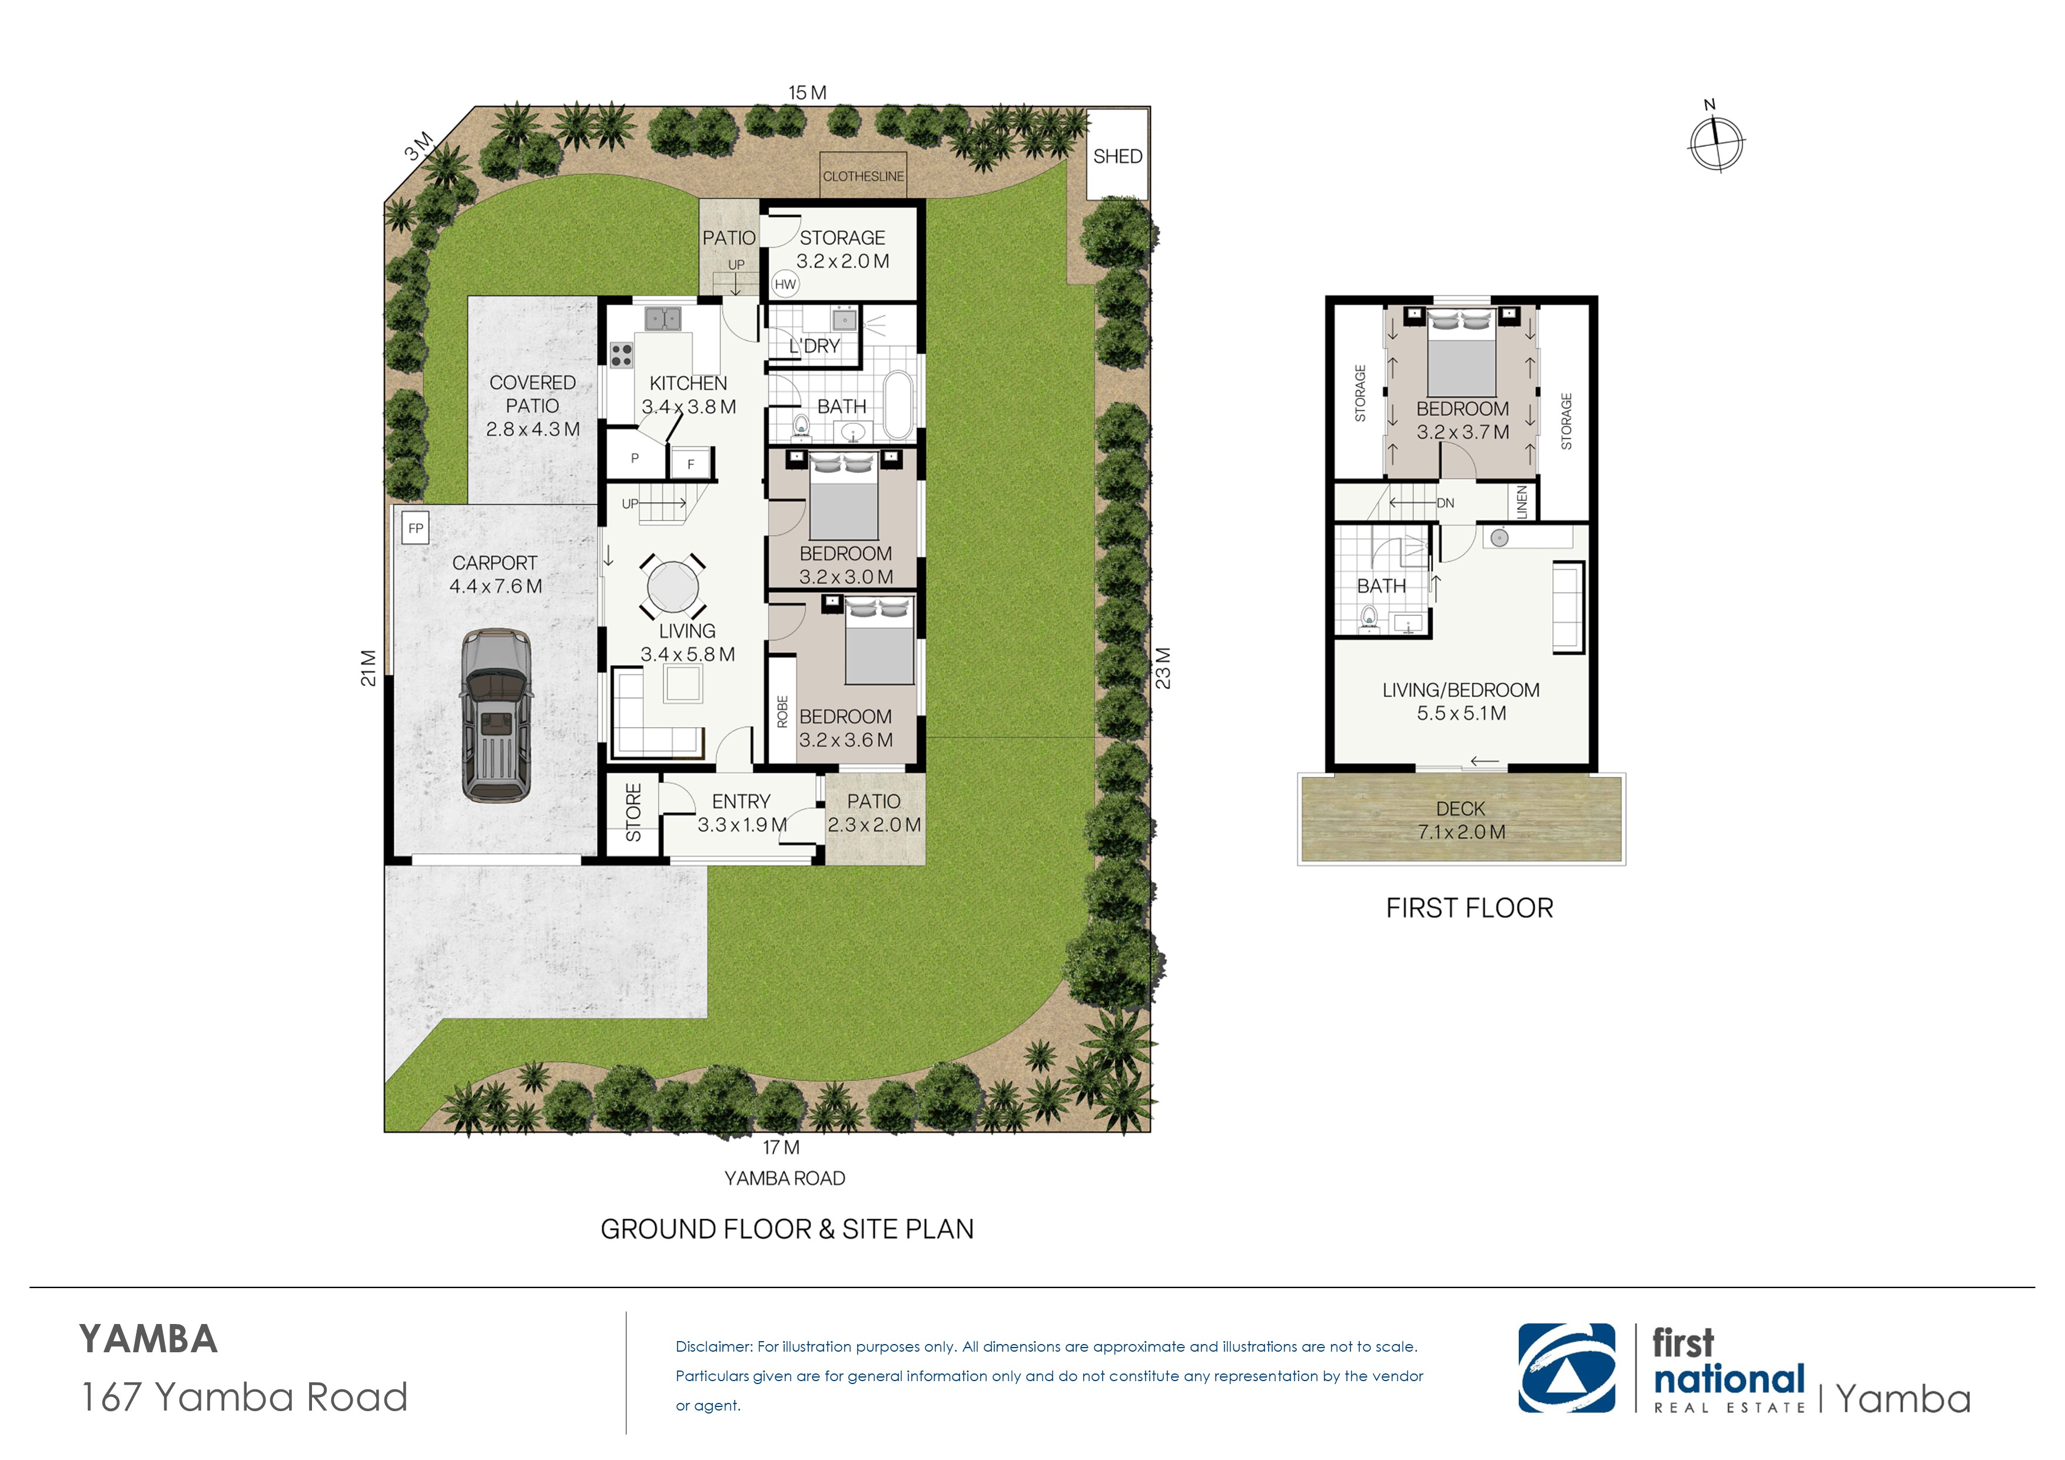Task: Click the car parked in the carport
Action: tap(496, 715)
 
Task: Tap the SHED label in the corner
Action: tap(1117, 157)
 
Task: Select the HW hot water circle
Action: tap(785, 284)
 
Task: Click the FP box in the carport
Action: tap(416, 528)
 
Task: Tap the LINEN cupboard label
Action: tap(1522, 502)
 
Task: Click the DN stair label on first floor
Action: tap(1445, 503)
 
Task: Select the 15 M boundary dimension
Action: tap(807, 92)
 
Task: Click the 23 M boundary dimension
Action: tap(1163, 668)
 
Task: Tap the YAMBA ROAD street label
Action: tap(784, 1179)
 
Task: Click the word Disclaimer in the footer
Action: tap(713, 1346)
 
